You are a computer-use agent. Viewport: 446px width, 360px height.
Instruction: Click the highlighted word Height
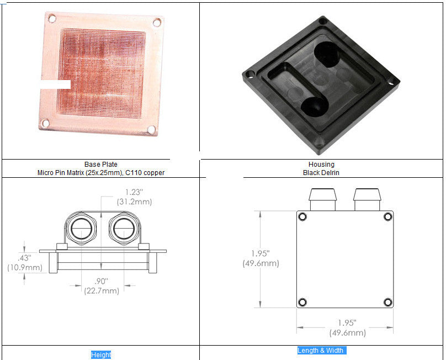coord(101,355)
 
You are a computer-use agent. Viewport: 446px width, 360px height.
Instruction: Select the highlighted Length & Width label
coord(321,351)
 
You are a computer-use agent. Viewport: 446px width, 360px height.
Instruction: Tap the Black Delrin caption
coord(321,172)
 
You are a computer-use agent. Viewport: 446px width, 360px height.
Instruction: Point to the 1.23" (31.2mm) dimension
coord(134,197)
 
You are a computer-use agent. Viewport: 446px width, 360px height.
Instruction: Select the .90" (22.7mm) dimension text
coord(101,286)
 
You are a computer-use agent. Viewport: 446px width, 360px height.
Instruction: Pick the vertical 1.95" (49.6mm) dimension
coord(261,258)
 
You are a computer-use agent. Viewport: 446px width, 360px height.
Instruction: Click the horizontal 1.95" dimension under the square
coord(347,328)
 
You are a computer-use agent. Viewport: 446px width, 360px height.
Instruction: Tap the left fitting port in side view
coord(82,227)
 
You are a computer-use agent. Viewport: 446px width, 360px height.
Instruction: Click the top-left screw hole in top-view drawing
coord(302,217)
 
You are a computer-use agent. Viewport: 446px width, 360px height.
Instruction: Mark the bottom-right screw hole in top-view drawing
coord(387,302)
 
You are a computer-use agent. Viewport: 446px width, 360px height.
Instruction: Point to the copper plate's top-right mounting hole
coord(157,23)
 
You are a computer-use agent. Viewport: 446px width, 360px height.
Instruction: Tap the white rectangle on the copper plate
coord(55,84)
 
